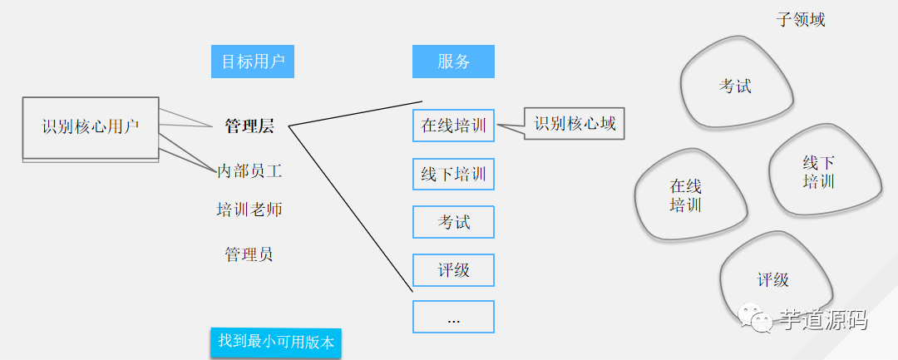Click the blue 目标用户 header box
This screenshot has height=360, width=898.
click(x=253, y=62)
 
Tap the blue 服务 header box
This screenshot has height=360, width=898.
click(x=453, y=62)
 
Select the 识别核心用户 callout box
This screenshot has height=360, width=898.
click(x=91, y=127)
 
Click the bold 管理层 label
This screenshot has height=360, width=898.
click(x=249, y=126)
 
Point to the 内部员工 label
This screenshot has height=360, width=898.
click(x=249, y=171)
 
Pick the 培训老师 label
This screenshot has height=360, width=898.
click(x=249, y=210)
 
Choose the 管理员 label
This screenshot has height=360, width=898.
click(x=249, y=254)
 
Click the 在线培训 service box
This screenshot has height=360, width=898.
click(x=453, y=126)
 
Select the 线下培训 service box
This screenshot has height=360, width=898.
click(x=453, y=175)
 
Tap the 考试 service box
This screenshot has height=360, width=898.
click(x=453, y=222)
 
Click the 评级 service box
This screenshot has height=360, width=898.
click(x=453, y=270)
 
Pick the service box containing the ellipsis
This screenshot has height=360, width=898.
click(x=453, y=317)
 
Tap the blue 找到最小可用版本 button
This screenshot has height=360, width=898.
click(x=275, y=342)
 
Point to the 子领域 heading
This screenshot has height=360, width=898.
click(x=801, y=19)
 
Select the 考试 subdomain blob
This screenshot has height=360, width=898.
click(x=735, y=86)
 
